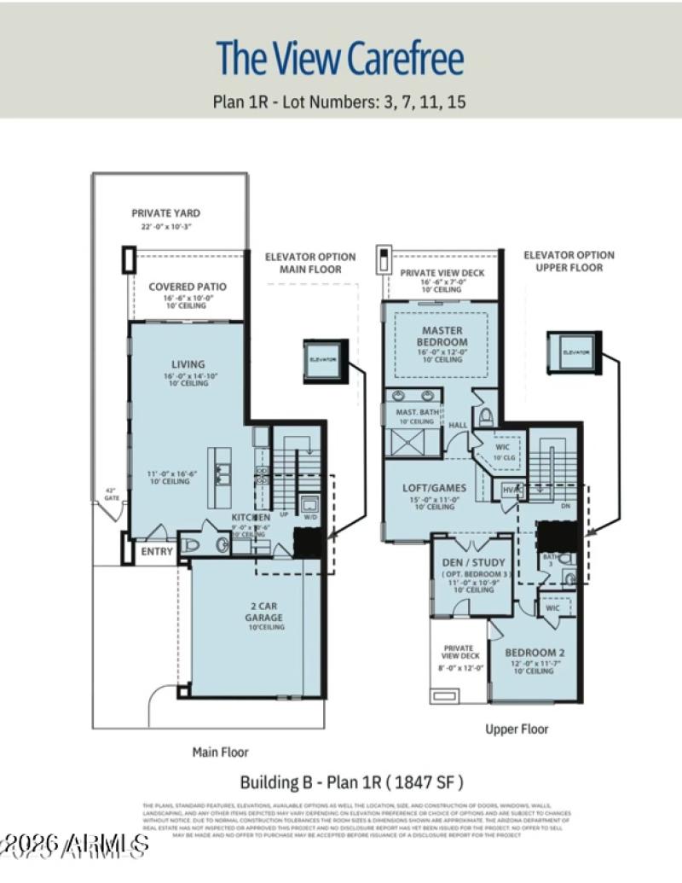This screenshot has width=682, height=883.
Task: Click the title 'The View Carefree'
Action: pos(340,59)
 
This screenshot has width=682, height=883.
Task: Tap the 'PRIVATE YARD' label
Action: pos(166,213)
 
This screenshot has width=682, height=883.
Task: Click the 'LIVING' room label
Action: pos(188,364)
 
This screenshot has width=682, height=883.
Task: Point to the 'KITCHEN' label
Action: pos(251,518)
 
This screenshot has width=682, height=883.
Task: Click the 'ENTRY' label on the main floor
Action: pos(157,552)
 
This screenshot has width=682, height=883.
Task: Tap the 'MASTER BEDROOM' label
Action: pos(441,336)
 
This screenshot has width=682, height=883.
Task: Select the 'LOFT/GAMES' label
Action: pos(435,488)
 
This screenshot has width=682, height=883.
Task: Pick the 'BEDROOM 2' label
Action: pos(535,653)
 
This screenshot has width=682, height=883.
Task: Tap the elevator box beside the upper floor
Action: pos(575,351)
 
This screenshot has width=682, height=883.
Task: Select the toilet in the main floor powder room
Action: pos(193,543)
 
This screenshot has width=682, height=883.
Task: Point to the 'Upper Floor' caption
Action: pos(517,729)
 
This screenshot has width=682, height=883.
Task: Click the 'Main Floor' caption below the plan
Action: pos(220,752)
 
